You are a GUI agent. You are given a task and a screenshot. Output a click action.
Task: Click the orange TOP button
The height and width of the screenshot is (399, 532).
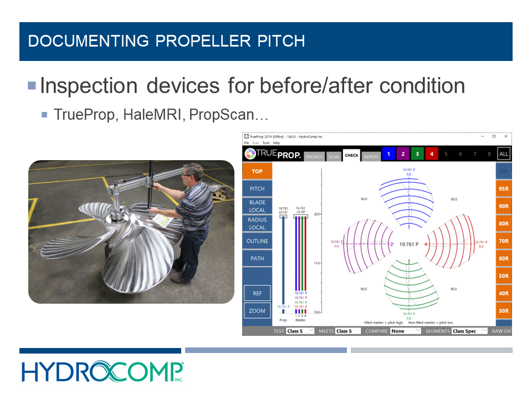pos(257,171)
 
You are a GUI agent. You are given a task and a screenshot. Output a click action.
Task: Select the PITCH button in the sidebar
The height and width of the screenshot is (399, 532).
pos(257,189)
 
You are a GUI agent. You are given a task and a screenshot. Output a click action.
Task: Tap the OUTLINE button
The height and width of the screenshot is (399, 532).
pos(257,241)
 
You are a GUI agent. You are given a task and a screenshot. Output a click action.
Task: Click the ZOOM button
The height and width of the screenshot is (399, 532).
pos(257,311)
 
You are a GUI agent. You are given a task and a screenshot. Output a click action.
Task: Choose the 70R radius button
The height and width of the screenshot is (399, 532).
pos(503,241)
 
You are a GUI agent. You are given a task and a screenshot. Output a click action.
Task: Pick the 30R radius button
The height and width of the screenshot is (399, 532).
pos(503,311)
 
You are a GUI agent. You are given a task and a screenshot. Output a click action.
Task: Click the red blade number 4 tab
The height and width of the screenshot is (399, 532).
pos(432,154)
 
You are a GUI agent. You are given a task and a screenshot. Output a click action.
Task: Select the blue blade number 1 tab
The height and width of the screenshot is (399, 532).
pos(389,154)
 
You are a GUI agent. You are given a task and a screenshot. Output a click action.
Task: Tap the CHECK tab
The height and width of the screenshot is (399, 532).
pos(351,156)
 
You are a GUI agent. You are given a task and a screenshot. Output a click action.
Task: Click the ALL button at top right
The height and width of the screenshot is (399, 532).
pos(503,154)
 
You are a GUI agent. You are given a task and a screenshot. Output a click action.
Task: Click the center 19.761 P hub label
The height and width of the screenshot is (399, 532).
pos(408,244)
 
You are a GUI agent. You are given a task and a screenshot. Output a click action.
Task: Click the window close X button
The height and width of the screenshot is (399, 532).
pos(505,136)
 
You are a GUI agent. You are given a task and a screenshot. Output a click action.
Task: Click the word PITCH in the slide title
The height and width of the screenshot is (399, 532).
pos(277,41)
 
